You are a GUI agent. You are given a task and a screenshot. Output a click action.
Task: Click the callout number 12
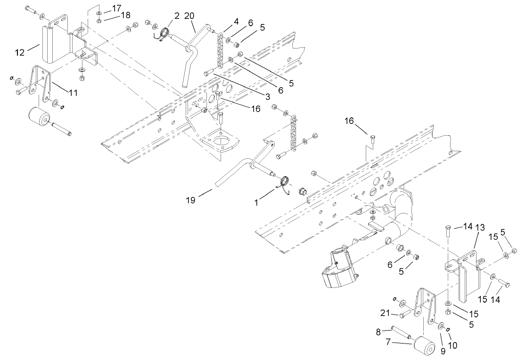point(20,52)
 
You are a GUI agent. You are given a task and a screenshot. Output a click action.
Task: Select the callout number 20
point(189,16)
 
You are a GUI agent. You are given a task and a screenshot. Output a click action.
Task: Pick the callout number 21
point(385,313)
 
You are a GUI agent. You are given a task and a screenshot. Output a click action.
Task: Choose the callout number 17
point(116,8)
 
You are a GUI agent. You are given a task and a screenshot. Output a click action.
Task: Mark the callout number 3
point(267,97)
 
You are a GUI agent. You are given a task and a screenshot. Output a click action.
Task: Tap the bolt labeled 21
point(403,315)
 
